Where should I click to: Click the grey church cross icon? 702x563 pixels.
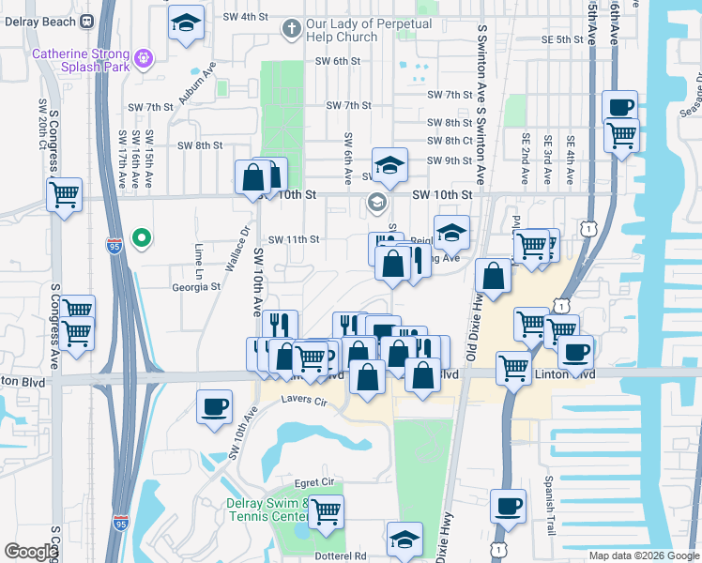coord(291,30)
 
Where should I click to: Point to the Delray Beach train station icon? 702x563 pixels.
coord(87,21)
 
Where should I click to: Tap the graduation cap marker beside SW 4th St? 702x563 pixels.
coord(187,23)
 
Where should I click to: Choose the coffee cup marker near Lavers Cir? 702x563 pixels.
coord(215,407)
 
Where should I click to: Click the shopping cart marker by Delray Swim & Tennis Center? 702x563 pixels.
coord(326,512)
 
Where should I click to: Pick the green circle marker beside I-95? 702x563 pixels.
coord(142,238)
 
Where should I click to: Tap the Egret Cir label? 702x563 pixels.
coord(313,482)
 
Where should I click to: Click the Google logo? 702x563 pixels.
coord(31,552)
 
